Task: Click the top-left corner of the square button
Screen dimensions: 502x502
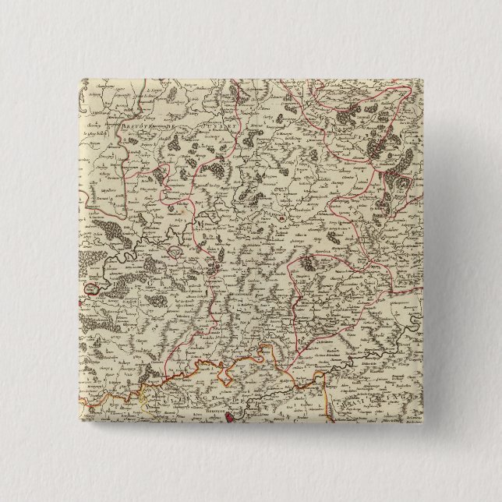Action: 77,77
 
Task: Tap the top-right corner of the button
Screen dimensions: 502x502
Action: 424,77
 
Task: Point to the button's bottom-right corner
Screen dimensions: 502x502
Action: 424,425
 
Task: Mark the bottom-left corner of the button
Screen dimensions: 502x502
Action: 77,425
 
